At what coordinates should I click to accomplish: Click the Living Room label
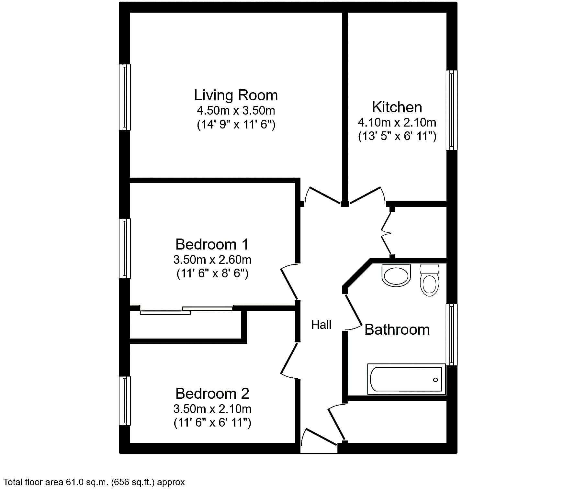pyautogui.click(x=236, y=95)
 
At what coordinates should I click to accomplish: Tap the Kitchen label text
pyautogui.click(x=397, y=107)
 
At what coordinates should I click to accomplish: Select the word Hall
pyautogui.click(x=321, y=325)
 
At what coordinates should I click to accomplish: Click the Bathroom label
pyautogui.click(x=397, y=330)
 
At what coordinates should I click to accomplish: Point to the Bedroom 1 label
pyautogui.click(x=212, y=244)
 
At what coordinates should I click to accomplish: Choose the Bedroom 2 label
pyautogui.click(x=212, y=394)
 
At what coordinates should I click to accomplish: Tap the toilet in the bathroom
pyautogui.click(x=429, y=280)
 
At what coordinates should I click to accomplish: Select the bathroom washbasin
pyautogui.click(x=396, y=275)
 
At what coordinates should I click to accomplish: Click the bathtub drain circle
pyautogui.click(x=435, y=380)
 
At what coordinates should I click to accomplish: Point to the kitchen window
pyautogui.click(x=452, y=110)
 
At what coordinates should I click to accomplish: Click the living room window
pyautogui.click(x=125, y=97)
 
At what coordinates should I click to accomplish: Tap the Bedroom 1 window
pyautogui.click(x=125, y=248)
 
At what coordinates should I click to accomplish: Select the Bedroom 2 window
pyautogui.click(x=125, y=401)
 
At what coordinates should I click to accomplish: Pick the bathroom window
pyautogui.click(x=452, y=335)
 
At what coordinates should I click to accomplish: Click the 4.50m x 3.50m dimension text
pyautogui.click(x=236, y=111)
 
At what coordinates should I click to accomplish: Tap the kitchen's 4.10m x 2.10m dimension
pyautogui.click(x=397, y=123)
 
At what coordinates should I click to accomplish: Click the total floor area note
pyautogui.click(x=94, y=482)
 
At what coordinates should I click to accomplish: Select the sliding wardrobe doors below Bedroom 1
pyautogui.click(x=186, y=310)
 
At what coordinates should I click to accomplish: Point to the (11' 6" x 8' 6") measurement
pyautogui.click(x=212, y=274)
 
